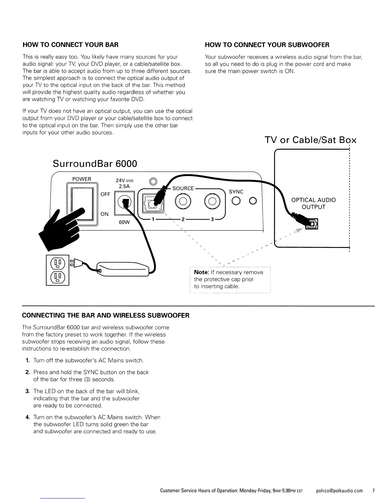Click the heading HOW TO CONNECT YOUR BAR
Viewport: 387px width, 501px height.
tap(71, 45)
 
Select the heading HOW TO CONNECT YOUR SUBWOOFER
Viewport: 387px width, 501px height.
tap(267, 45)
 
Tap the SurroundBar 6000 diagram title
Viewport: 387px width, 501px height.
tap(95, 164)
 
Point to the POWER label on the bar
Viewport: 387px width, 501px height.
tap(82, 179)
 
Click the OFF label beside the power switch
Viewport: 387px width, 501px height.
tap(105, 194)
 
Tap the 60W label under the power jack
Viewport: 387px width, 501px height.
tap(124, 222)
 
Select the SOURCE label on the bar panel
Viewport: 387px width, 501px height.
tap(183, 188)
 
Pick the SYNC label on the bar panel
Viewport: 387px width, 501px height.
tap(236, 192)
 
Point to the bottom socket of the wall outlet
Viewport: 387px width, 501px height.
tap(58, 277)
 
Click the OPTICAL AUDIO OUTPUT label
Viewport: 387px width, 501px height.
tap(313, 203)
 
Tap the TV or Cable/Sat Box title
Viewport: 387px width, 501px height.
tap(310, 140)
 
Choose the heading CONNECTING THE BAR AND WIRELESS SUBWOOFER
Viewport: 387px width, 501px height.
tap(106, 315)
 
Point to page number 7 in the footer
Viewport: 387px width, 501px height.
tap(373, 491)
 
